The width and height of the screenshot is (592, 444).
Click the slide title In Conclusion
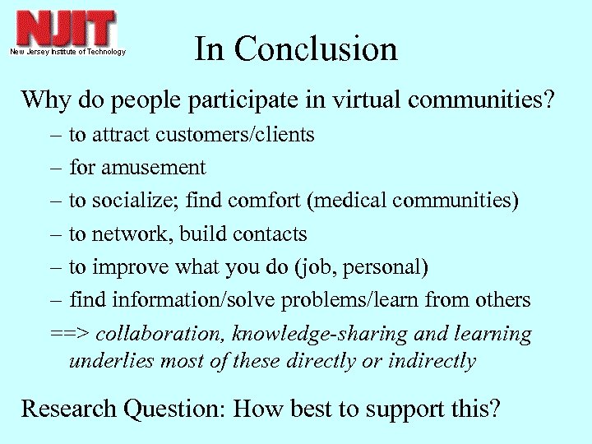point(296,49)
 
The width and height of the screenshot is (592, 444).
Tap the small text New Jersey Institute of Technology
point(68,52)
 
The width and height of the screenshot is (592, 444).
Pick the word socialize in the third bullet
point(136,201)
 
